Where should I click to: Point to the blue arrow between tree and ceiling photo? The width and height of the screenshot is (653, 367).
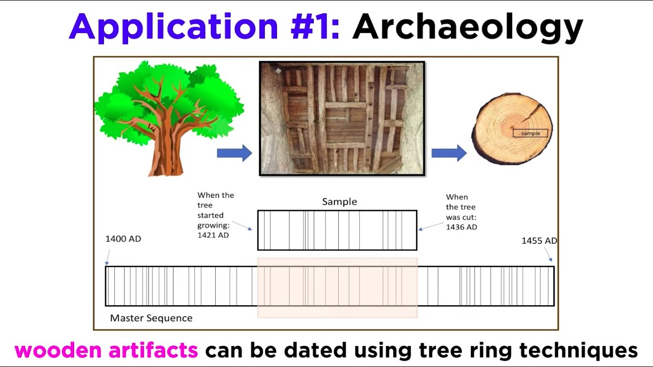(x=234, y=153)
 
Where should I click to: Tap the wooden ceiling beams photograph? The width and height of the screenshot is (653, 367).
(x=342, y=118)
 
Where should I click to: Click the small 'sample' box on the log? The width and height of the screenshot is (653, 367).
(x=530, y=134)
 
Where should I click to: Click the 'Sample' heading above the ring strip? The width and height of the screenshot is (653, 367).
(x=339, y=202)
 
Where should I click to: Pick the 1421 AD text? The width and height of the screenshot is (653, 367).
(x=213, y=235)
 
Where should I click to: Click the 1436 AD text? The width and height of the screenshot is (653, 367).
(x=461, y=227)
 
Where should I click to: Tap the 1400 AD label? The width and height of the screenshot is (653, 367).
(x=123, y=239)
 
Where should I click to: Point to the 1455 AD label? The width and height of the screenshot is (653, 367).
(x=539, y=241)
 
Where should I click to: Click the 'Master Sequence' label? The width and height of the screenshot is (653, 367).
(x=151, y=318)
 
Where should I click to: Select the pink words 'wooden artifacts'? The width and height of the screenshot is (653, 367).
(x=106, y=350)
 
